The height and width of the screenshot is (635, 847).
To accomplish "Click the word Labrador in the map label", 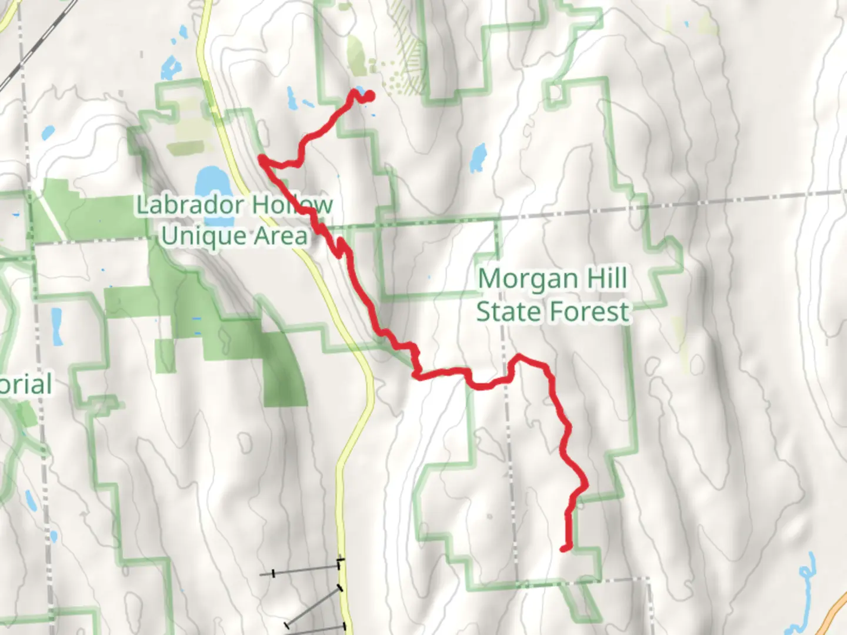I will [x=189, y=205].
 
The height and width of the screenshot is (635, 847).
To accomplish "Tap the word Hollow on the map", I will [x=292, y=205].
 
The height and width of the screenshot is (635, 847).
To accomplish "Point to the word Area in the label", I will [x=281, y=236].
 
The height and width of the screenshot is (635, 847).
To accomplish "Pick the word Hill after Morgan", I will [x=603, y=279].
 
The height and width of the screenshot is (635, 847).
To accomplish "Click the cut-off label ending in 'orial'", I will [x=26, y=385].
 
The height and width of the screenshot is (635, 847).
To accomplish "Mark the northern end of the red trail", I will [x=370, y=96].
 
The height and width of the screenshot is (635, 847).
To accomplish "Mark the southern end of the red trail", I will [x=564, y=549].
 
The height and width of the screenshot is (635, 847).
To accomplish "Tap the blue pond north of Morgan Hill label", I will [x=478, y=157].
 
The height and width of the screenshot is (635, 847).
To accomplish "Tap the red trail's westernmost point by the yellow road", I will [x=261, y=158].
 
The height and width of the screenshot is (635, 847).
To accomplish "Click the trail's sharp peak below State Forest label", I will [x=518, y=356].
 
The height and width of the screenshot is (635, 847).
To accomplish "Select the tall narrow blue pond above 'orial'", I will [x=56, y=326].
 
